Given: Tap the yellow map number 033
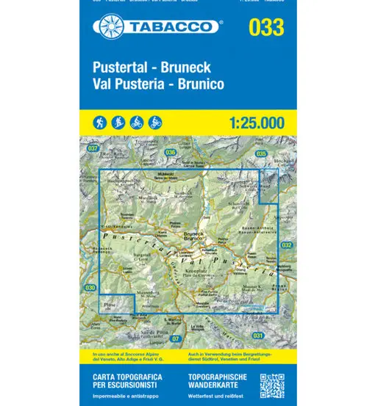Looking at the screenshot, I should (x=266, y=29).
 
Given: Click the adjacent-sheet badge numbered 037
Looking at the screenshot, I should (x=92, y=149).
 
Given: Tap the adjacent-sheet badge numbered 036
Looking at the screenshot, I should (x=171, y=152).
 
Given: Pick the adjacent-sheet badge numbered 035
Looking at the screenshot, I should (x=262, y=153).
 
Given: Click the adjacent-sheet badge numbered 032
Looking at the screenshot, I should (x=287, y=244).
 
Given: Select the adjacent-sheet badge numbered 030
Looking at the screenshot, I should (x=90, y=287).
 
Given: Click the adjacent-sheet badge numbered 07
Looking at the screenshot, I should (x=175, y=338).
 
